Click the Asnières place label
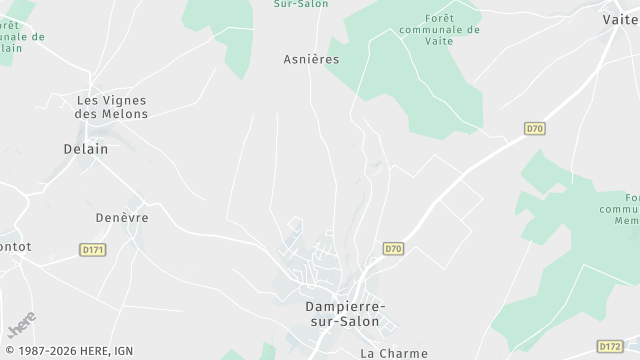click(x=311, y=59)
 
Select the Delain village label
click(x=85, y=148)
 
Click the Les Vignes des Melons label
click(x=112, y=107)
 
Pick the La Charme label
click(x=394, y=353)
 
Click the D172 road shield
click(x=610, y=346)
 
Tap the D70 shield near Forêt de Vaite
click(x=535, y=128)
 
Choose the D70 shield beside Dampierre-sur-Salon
click(x=393, y=248)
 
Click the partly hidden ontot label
click(x=15, y=246)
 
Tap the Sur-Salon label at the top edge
click(x=301, y=4)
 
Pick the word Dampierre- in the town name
click(x=345, y=307)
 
